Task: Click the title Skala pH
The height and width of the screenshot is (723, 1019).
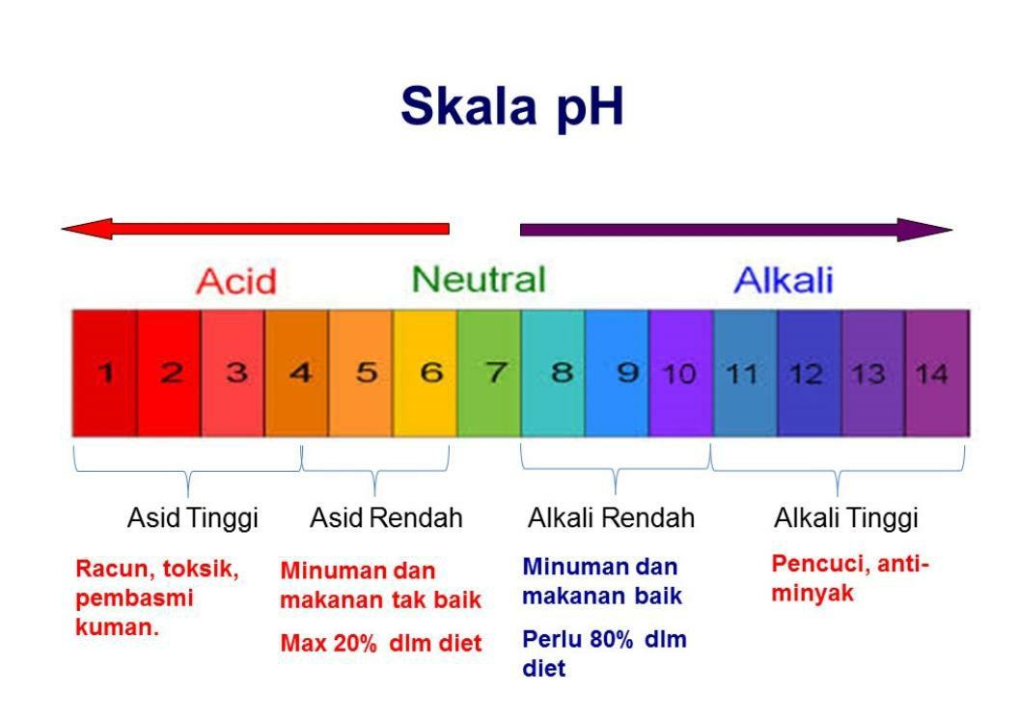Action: click(511, 107)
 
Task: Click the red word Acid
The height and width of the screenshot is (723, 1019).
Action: click(235, 282)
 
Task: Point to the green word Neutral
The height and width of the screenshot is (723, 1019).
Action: click(478, 279)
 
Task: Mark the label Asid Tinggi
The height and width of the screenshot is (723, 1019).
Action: click(193, 518)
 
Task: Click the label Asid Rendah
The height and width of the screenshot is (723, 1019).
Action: click(386, 518)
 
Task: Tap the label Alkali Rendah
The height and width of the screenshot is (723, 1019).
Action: click(611, 518)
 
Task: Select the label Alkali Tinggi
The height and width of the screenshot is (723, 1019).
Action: click(845, 518)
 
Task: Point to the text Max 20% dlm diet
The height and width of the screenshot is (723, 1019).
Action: click(380, 644)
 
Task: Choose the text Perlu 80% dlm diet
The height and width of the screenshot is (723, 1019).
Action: click(604, 653)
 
